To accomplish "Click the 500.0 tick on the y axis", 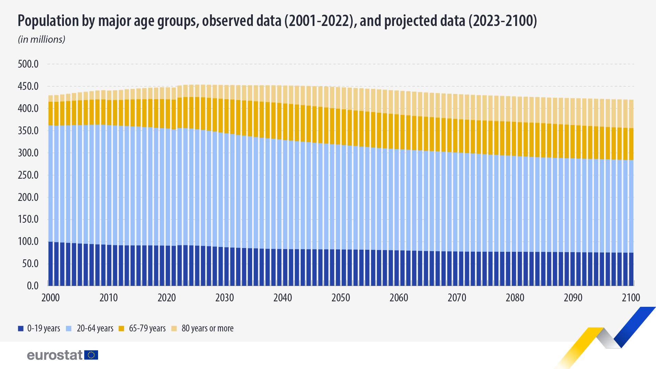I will tap(28, 64).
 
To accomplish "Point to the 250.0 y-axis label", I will tap(28, 175).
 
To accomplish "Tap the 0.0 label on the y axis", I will tap(32, 286).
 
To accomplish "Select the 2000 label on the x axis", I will tap(51, 298).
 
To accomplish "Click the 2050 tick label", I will tap(341, 298).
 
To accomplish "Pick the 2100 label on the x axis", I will tap(631, 298).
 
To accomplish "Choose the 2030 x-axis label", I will tap(224, 298).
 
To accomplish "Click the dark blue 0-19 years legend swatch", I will tap(21, 329).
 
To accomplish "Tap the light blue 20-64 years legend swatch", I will tap(69, 329).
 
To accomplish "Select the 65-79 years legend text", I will tap(147, 328).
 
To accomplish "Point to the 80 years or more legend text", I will tap(207, 328).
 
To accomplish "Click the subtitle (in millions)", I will tap(41, 40).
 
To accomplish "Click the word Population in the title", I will tap(48, 21).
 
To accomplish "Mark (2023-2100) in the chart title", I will tap(502, 21).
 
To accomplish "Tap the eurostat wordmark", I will tap(55, 355).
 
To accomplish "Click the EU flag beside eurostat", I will tap(91, 355).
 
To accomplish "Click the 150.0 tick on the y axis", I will tap(28, 219).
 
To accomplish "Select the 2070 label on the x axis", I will tap(457, 298).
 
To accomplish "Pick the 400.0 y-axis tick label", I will tap(28, 109).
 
